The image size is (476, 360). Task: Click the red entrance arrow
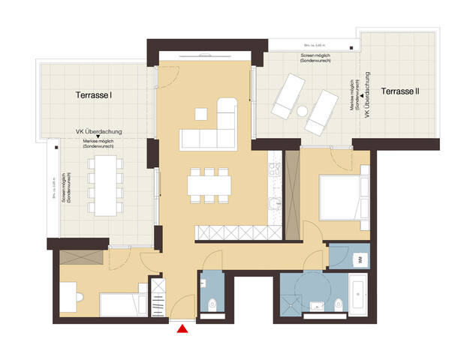click(181, 327)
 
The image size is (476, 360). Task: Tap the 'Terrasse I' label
click(94, 96)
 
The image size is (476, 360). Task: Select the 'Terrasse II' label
click(400, 91)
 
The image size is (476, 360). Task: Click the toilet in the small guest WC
click(213, 304)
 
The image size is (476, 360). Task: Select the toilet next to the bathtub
click(338, 305)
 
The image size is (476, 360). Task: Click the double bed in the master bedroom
click(344, 197)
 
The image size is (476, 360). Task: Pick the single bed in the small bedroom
click(120, 304)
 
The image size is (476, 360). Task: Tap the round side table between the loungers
click(302, 111)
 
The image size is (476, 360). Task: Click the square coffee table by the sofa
click(200, 114)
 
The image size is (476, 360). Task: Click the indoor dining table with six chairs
click(209, 184)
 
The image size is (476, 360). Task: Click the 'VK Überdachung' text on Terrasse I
click(94, 131)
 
